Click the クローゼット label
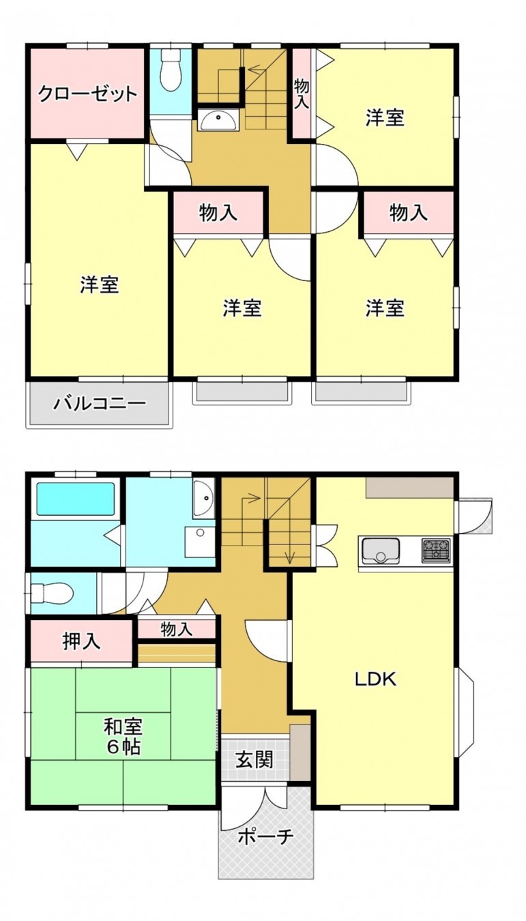88,93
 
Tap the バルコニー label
100,403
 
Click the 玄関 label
254,759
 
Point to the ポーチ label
265,837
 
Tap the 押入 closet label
81,641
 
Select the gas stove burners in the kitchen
436,549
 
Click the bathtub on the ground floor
75,499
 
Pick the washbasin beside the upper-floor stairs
218,121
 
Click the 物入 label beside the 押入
176,629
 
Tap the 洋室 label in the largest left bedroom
100,284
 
